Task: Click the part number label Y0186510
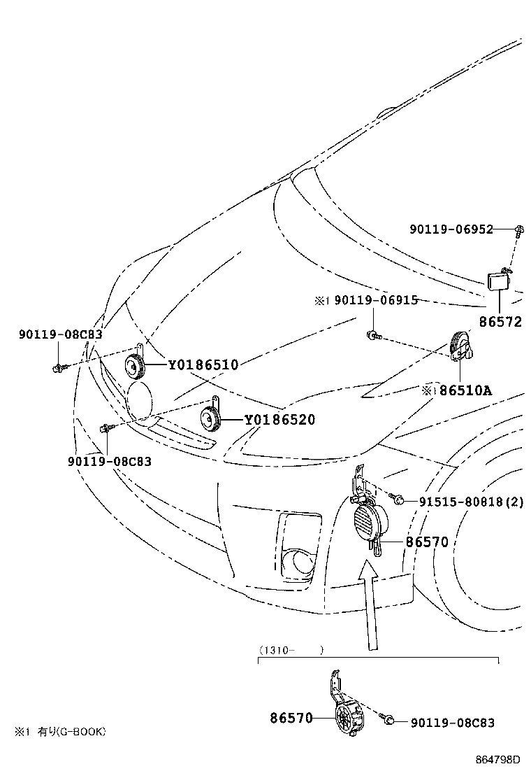click(203, 365)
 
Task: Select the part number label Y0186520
click(279, 420)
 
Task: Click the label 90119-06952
click(451, 229)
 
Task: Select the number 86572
click(500, 323)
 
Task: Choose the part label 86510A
click(465, 390)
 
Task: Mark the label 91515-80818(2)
click(472, 501)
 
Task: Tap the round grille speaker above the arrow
click(370, 525)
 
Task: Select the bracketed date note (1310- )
click(291, 650)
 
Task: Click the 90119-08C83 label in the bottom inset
click(452, 722)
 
